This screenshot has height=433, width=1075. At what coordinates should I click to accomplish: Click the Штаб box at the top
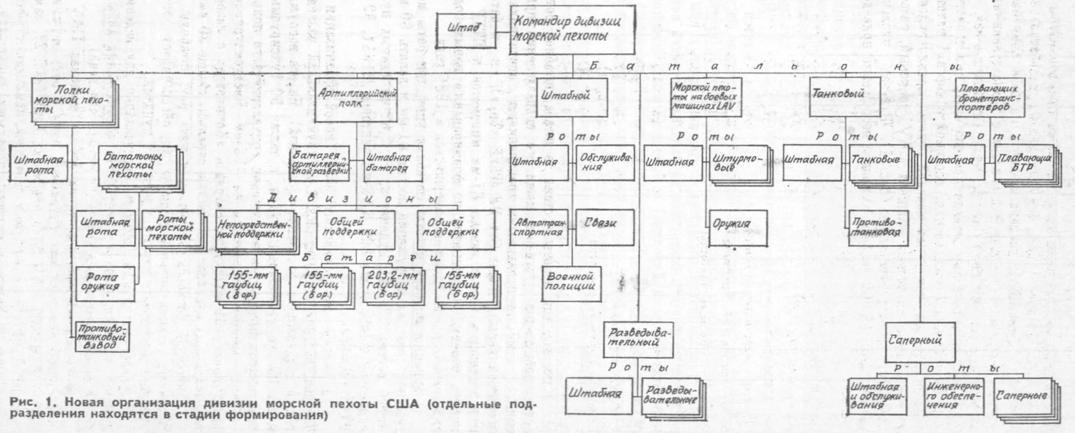point(466,30)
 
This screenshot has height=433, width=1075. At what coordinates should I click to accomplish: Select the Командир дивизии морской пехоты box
point(572,30)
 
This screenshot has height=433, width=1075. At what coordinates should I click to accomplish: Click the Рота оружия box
point(105,284)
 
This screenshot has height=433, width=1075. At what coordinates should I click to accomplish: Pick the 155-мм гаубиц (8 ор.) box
point(245,286)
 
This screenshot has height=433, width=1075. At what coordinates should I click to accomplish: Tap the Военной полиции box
point(571,284)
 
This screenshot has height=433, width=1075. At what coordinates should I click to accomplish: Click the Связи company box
point(605,227)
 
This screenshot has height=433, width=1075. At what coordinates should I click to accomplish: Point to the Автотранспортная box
point(539,228)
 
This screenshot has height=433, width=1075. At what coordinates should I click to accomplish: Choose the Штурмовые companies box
point(738,163)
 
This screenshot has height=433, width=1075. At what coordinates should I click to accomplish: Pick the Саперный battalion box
point(920,342)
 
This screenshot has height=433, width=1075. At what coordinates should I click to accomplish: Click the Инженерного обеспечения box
point(954,396)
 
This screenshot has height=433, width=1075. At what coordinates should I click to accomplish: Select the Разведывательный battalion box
point(638,340)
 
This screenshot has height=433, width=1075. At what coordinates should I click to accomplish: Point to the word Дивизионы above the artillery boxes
point(355,198)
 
